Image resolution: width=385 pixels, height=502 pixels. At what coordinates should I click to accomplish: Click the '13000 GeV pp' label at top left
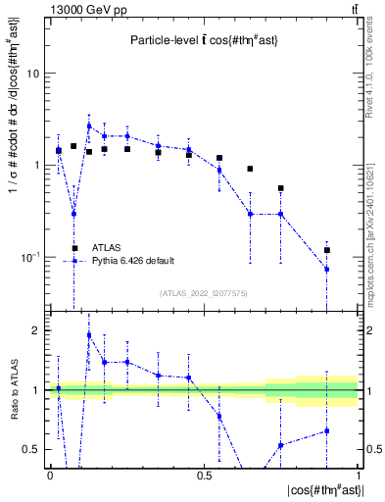point(80,9)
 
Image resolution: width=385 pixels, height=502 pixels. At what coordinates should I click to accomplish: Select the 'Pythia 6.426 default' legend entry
point(133,261)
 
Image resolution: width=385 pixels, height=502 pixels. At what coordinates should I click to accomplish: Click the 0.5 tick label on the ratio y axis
point(32,449)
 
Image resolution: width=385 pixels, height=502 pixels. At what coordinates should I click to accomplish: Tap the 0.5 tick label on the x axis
point(204,476)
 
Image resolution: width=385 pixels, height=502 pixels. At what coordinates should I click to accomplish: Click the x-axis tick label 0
point(50,476)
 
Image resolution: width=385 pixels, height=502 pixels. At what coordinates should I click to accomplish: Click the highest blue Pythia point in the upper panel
point(89,125)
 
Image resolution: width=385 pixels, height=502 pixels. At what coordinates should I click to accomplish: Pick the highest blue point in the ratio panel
point(89,335)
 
